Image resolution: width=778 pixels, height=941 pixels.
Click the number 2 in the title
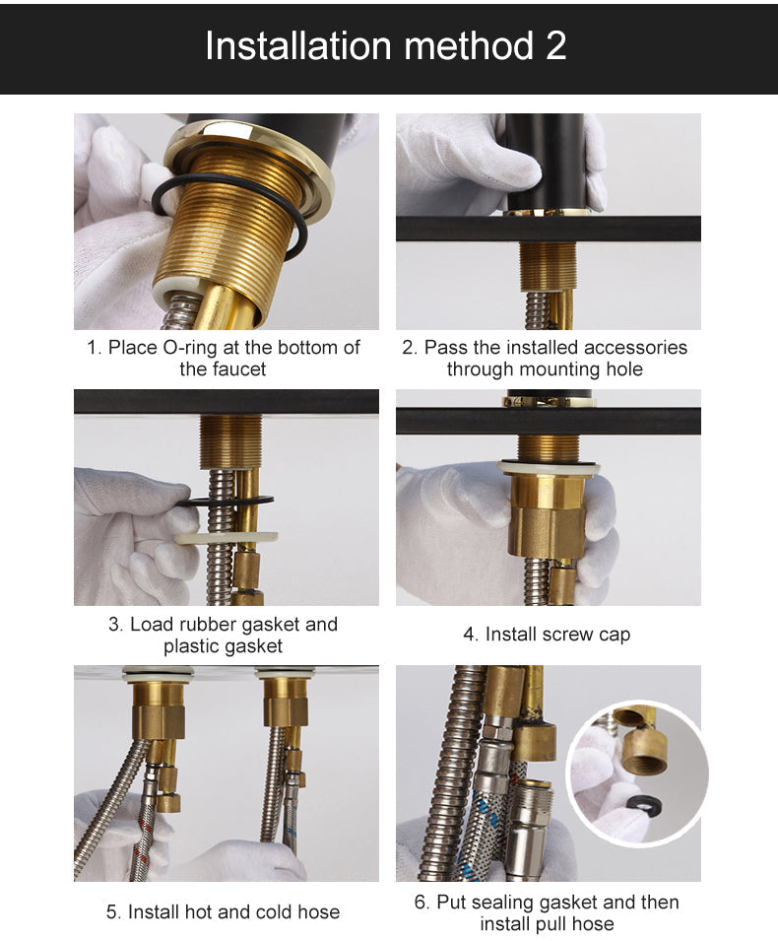coord(556,45)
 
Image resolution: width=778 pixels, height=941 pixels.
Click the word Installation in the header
coord(298,45)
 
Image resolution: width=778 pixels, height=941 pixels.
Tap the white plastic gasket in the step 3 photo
coord(227,536)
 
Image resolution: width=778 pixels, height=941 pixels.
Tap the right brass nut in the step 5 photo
coord(286,702)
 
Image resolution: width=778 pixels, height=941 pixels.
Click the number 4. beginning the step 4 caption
coord(471,635)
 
